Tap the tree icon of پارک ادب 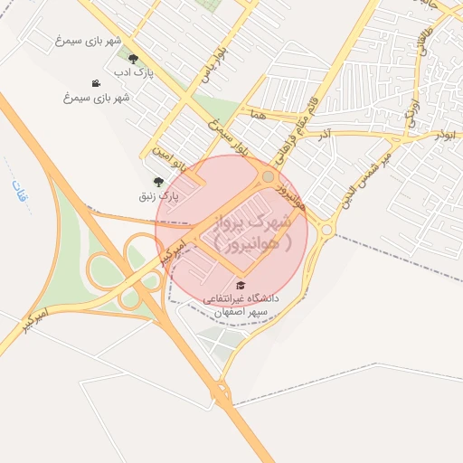click(133, 59)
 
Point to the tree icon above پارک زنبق click(159, 182)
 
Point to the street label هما click(259, 116)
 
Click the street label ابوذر click(444, 134)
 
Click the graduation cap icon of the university click(240, 285)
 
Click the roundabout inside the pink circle click(269, 176)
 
